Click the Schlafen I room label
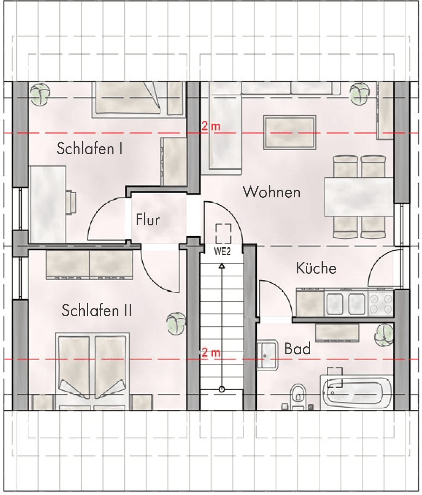pos(90,149)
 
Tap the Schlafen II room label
pos(97,310)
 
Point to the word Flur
pos(147,219)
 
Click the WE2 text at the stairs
pos(222,251)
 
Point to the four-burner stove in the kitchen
pos(381,303)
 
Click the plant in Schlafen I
pos(40,94)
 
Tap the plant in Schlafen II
pos(177,324)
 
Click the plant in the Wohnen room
pos(359,94)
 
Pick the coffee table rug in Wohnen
pos(290,133)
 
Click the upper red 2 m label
pos(210,126)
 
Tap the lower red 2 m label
pos(210,353)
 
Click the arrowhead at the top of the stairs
pos(222,266)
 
